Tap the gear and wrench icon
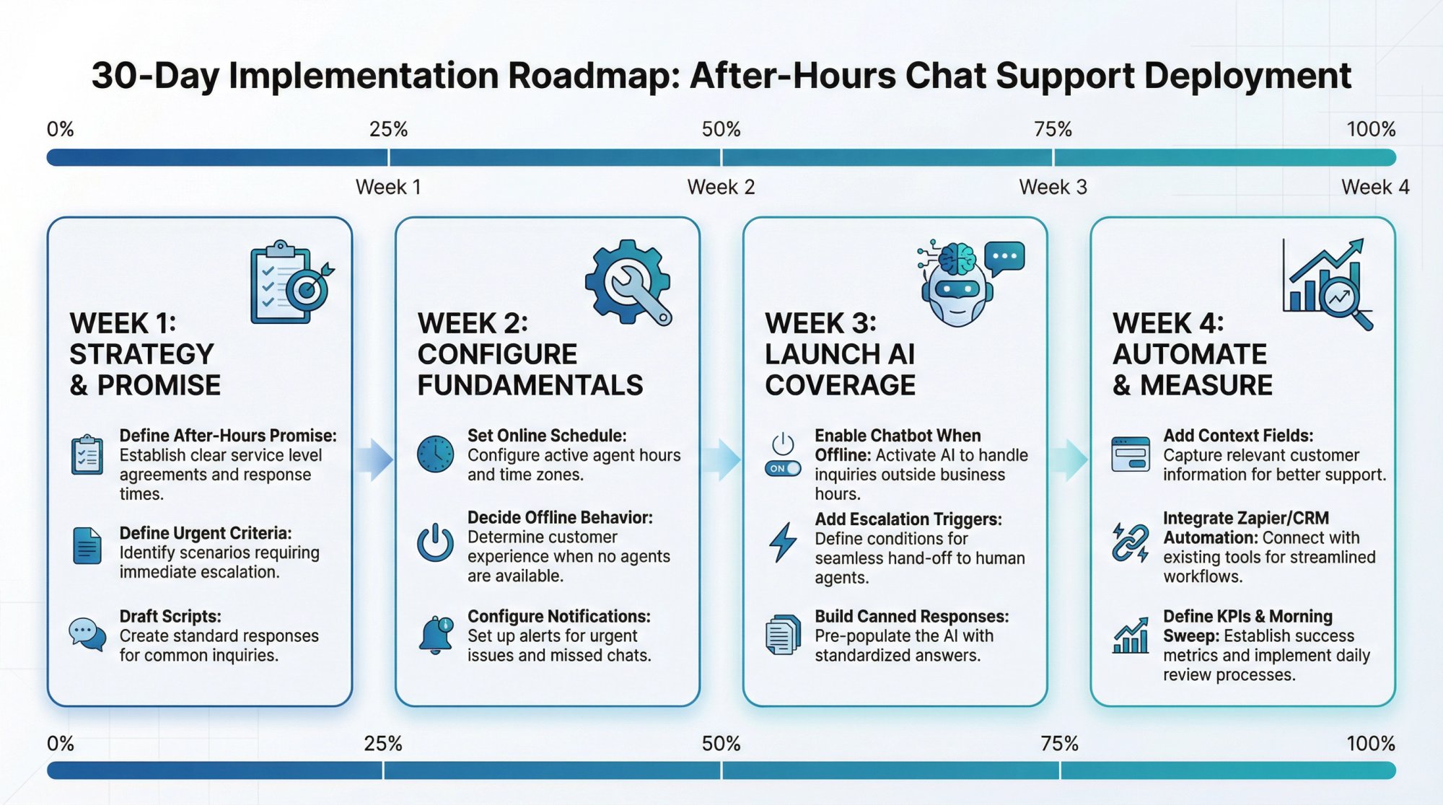pyautogui.click(x=627, y=282)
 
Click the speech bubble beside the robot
pyautogui.click(x=1004, y=258)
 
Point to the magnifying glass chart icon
pyautogui.click(x=1328, y=285)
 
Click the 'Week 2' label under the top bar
pyautogui.click(x=721, y=188)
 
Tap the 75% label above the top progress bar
pyautogui.click(x=1053, y=130)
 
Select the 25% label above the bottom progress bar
pyautogui.click(x=382, y=744)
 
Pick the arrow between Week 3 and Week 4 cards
pyautogui.click(x=1069, y=459)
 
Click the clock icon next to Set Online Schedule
pyautogui.click(x=435, y=454)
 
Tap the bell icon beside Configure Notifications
pyautogui.click(x=436, y=635)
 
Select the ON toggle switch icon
pyautogui.click(x=783, y=468)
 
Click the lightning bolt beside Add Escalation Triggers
pyautogui.click(x=783, y=542)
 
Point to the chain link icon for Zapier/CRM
pyautogui.click(x=1131, y=542)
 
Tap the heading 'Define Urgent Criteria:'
pyautogui.click(x=206, y=533)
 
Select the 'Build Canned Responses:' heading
pyautogui.click(x=911, y=617)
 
